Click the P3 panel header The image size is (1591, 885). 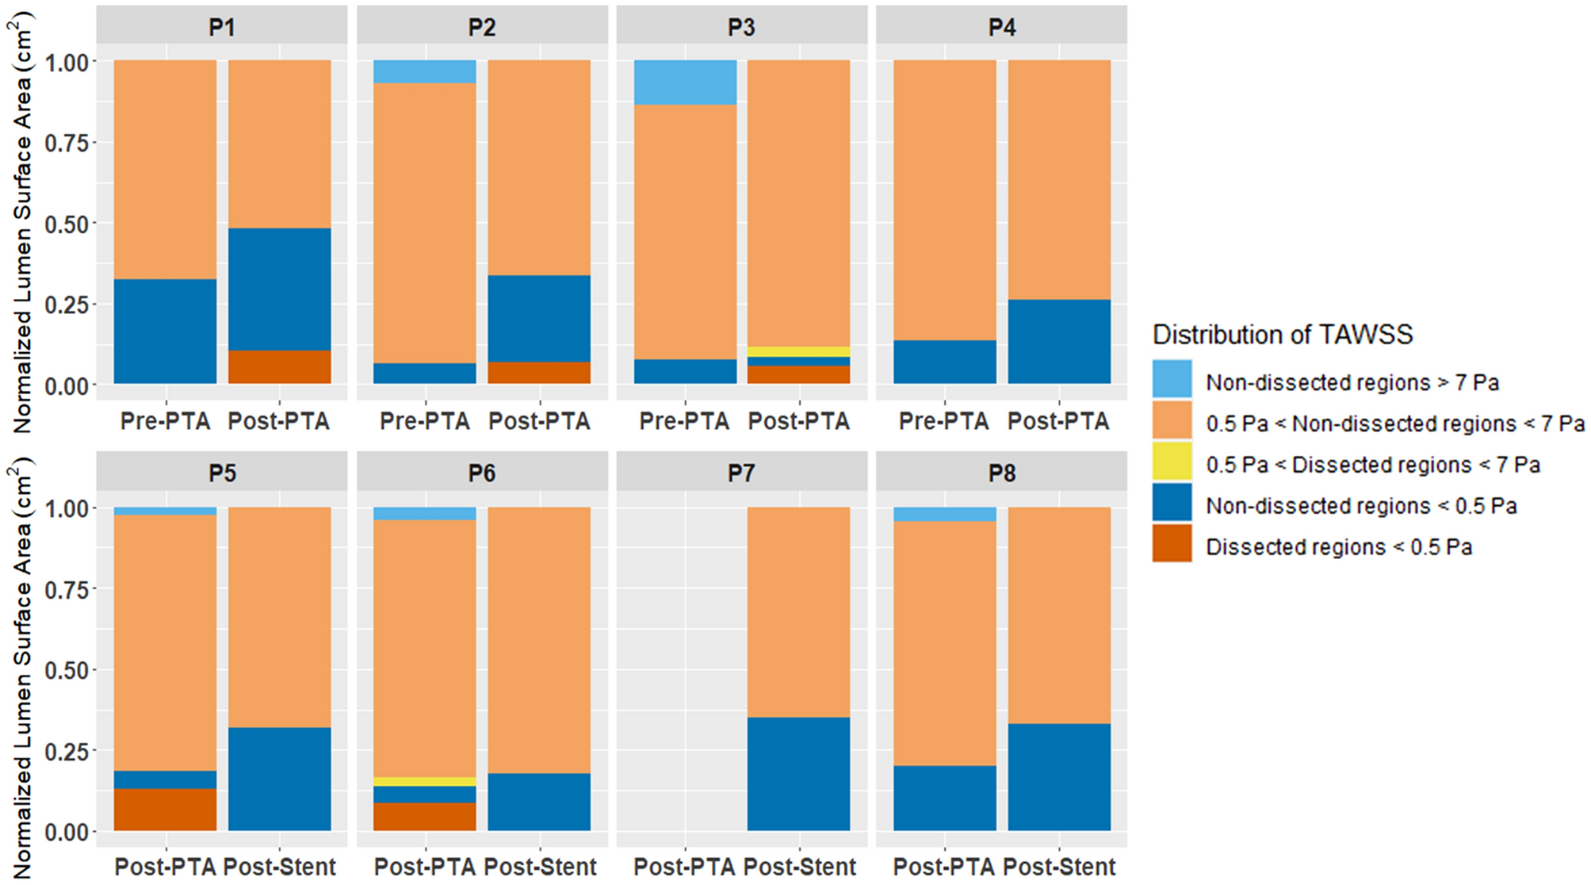pyautogui.click(x=741, y=27)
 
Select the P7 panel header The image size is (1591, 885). pyautogui.click(x=741, y=473)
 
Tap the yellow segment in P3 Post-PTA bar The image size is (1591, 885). pyautogui.click(x=799, y=351)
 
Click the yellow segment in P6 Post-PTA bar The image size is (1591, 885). pyautogui.click(x=425, y=782)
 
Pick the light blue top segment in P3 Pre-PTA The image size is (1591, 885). pyautogui.click(x=685, y=82)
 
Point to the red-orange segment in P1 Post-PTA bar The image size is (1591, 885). pyautogui.click(x=280, y=367)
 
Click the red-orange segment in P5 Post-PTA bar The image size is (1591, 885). pyautogui.click(x=165, y=810)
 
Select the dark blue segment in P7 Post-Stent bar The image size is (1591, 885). pyautogui.click(x=799, y=774)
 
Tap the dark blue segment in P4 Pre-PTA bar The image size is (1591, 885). pyautogui.click(x=945, y=362)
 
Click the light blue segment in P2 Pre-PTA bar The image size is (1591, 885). pyautogui.click(x=425, y=71)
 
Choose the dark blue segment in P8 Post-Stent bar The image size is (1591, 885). pyautogui.click(x=1059, y=777)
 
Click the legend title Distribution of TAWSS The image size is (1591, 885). pyautogui.click(x=1282, y=335)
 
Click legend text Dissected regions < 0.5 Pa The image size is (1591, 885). pyautogui.click(x=1338, y=547)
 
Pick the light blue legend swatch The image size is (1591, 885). pyautogui.click(x=1172, y=380)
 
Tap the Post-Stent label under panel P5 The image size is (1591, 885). pyautogui.click(x=280, y=867)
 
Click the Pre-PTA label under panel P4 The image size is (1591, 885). pyautogui.click(x=943, y=421)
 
